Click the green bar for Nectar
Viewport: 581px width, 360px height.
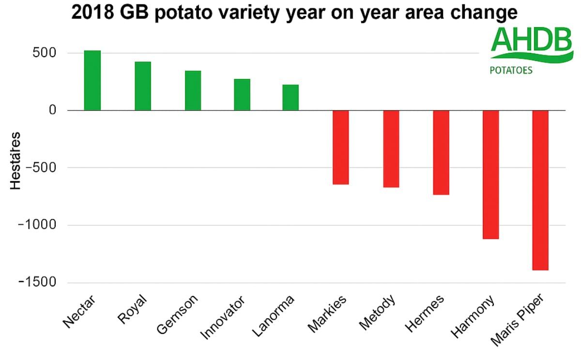[92, 80]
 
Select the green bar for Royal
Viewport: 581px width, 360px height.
[142, 86]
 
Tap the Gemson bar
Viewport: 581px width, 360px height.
[193, 91]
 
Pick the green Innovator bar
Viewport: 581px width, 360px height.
[242, 95]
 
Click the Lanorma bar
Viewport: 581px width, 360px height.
[290, 97]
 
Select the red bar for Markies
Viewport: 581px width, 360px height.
[341, 147]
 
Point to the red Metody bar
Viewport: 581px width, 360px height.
[391, 149]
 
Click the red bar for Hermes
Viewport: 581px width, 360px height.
[441, 153]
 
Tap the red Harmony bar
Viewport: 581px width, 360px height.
[490, 174]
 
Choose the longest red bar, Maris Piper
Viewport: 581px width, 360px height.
[540, 190]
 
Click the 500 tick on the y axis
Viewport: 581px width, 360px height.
[45, 53]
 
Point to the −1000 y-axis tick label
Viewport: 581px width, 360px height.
[38, 225]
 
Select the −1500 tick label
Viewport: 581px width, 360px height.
[38, 282]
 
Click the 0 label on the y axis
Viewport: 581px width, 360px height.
[51, 110]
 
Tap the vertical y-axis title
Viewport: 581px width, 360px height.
[15, 160]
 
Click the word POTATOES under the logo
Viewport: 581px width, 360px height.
[511, 70]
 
